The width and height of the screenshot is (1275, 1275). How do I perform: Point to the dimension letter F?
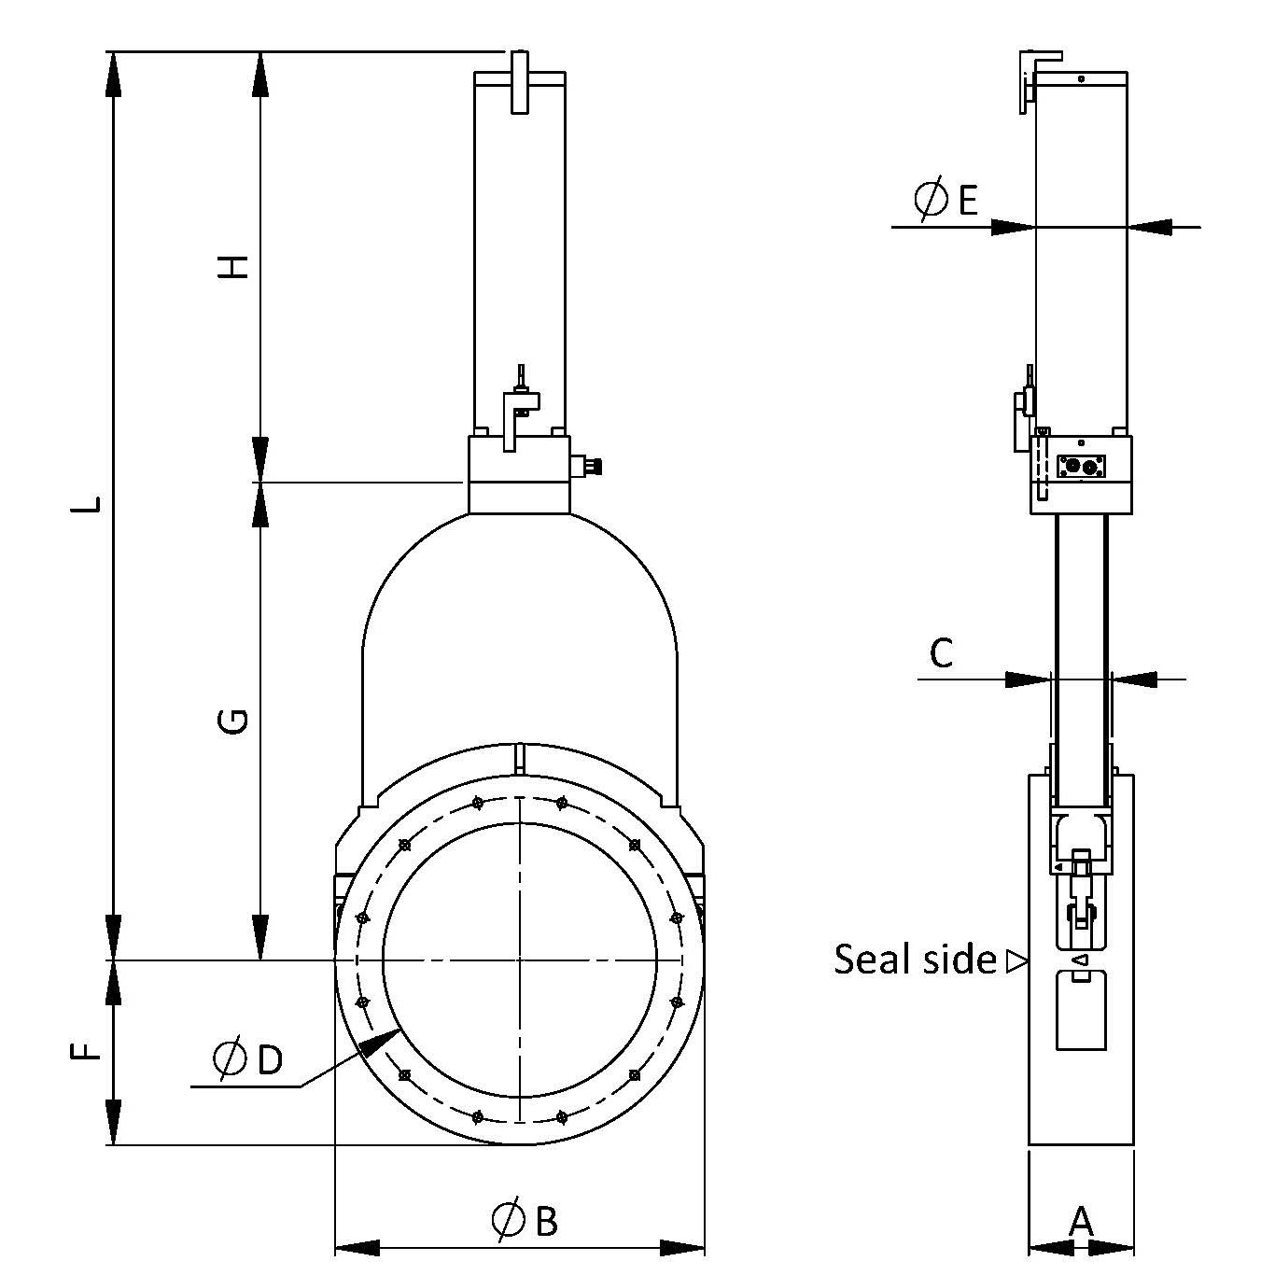point(86,1052)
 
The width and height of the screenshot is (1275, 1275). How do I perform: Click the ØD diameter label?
point(247,1058)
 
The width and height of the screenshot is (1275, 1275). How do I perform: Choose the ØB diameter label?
point(525,1220)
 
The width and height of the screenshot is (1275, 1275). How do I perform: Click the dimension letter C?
point(942,653)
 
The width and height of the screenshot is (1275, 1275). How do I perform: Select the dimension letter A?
point(1080,1220)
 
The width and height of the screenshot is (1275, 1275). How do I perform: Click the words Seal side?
point(915,960)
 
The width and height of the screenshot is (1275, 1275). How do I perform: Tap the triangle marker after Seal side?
point(1016,960)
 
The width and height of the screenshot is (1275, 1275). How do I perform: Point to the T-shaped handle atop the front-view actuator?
point(520,82)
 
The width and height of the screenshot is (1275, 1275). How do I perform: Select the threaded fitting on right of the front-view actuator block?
point(589,465)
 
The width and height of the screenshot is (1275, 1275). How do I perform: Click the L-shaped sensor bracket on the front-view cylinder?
point(516,411)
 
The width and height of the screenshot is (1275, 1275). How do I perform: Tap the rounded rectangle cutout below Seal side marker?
point(1081,1010)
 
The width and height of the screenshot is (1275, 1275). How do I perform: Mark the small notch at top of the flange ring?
point(519,757)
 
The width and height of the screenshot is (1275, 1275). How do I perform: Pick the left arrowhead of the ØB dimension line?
point(358,1248)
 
